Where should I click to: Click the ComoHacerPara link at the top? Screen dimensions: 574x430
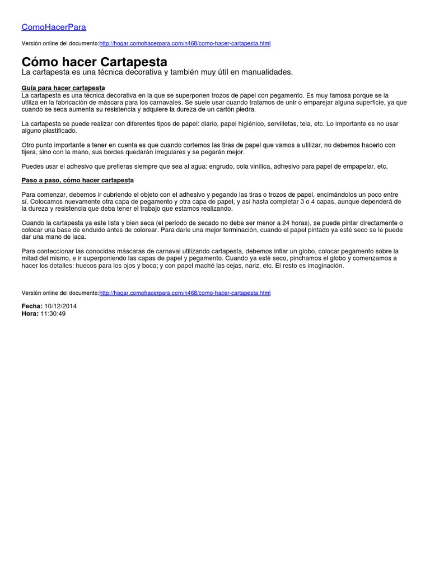coord(54,27)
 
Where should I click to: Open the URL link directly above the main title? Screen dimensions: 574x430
coord(185,44)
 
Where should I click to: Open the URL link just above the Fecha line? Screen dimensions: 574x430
coord(185,293)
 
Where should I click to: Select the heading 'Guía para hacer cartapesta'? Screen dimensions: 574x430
coord(63,89)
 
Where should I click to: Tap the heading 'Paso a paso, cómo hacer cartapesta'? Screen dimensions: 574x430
coord(77,180)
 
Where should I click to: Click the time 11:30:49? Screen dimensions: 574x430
coord(53,314)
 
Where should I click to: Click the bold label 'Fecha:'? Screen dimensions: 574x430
coord(31,306)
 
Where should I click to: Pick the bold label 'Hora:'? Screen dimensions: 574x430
coord(30,314)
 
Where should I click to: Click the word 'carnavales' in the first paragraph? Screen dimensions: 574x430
coord(165,103)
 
